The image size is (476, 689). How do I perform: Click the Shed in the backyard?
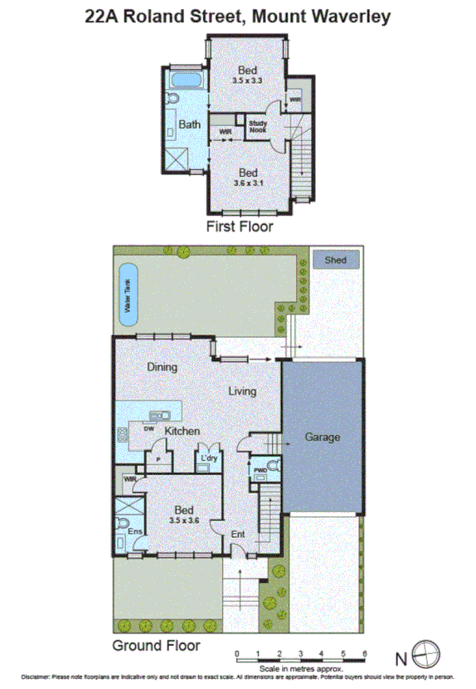[x=335, y=260]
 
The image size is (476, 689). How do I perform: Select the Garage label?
[x=323, y=437]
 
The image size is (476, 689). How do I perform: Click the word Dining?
[x=163, y=366]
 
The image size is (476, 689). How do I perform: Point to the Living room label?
[x=242, y=391]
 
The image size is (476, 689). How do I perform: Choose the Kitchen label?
[x=182, y=431]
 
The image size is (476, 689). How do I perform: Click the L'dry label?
[x=207, y=458]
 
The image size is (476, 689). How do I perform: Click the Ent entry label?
[x=238, y=535]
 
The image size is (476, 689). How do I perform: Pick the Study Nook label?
[x=257, y=127]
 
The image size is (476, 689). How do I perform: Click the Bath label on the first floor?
[x=190, y=125]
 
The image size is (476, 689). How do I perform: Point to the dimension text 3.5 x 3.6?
[x=185, y=520]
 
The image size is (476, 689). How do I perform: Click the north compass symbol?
[x=425, y=654]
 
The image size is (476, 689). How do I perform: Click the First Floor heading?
[x=240, y=225]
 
